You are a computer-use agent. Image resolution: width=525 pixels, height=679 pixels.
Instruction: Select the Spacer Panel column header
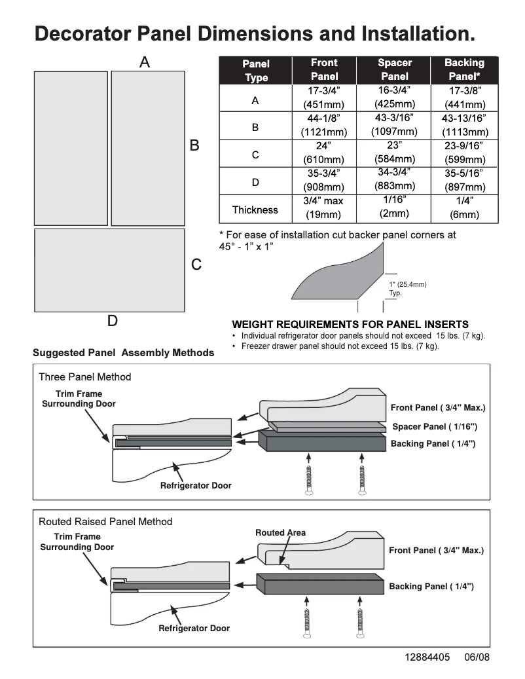point(395,70)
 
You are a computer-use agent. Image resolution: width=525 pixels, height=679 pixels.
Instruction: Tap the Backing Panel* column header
point(464,70)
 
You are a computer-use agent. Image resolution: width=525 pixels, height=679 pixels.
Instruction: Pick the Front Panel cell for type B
point(323,125)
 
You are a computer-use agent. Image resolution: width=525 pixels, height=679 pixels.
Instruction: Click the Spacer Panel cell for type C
point(394,153)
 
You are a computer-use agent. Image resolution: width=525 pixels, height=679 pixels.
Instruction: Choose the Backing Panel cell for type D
point(464,180)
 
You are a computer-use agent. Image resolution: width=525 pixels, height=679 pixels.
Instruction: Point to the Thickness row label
point(255,210)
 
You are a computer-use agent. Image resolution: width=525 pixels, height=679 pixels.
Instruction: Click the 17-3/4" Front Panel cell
point(323,98)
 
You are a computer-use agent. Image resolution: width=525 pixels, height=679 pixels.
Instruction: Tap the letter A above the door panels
point(145,62)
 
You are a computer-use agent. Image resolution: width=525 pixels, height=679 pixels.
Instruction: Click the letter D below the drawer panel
point(112,321)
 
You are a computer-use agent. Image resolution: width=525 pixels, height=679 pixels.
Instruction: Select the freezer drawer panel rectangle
point(109,270)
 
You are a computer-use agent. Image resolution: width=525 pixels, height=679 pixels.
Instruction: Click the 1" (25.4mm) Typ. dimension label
point(407,289)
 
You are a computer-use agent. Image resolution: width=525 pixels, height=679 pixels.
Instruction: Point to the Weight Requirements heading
point(350,324)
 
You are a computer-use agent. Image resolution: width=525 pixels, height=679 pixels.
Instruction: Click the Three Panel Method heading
point(84,376)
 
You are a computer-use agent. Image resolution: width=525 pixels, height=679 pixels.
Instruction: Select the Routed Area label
point(280,532)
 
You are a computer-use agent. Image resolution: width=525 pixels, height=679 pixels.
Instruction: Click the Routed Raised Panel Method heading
point(105,521)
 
